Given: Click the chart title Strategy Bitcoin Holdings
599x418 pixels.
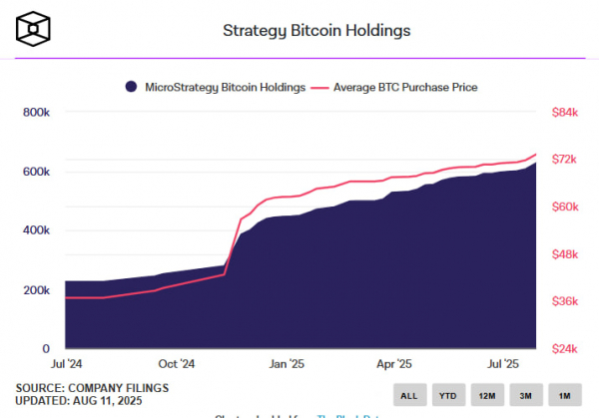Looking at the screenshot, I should tap(315, 30).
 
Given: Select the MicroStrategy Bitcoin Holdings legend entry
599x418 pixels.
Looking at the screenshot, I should tap(215, 88).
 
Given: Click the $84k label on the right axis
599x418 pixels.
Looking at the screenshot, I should tap(565, 113).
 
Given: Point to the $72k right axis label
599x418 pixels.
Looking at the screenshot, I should tap(565, 160).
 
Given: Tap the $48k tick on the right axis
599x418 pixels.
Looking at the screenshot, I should tap(565, 254).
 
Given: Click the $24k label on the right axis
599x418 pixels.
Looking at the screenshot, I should tap(565, 349).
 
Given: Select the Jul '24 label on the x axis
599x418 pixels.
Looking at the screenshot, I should tap(66, 365).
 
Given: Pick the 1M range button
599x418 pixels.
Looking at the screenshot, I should tap(564, 395).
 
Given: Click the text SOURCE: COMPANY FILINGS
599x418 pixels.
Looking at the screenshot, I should tap(92, 387).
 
